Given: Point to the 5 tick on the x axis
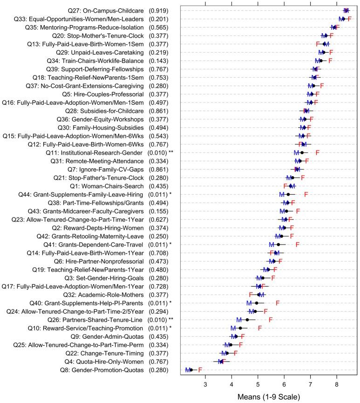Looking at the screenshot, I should pos(258,380).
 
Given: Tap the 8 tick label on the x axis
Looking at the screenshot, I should pos(337,383).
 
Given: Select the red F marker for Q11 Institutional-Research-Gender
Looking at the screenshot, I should pos(318,152).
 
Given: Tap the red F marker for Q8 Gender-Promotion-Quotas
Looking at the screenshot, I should pos(200,370).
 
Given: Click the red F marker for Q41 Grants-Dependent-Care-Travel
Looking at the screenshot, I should pos(297,244).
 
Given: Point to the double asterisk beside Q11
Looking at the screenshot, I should pos(172,152).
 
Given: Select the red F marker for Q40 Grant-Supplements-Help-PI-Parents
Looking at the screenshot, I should pos(278,303).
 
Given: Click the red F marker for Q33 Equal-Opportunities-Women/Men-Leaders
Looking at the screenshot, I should pos(349,19).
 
